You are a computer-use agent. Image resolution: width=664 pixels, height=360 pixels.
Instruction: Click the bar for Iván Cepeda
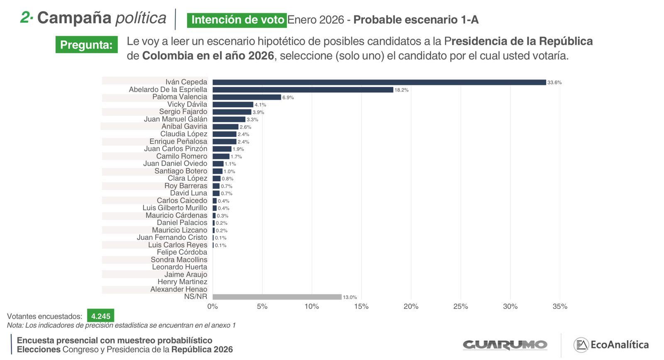click(379, 82)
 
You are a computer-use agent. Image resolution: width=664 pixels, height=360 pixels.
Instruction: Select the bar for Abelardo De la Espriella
click(303, 90)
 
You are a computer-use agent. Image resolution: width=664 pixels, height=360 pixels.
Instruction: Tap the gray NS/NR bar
click(277, 297)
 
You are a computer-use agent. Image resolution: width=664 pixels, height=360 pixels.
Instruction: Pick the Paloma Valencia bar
click(247, 97)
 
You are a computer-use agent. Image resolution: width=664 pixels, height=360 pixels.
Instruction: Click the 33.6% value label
click(554, 83)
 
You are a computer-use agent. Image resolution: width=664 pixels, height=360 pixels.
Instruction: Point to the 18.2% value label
click(401, 90)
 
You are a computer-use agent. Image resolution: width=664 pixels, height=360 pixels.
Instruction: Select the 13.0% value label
click(350, 297)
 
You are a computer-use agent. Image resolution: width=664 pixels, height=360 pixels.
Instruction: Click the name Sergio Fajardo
click(183, 112)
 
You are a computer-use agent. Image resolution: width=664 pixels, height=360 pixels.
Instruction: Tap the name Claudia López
click(184, 134)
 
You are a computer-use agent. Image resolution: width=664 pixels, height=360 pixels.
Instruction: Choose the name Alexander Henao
click(178, 289)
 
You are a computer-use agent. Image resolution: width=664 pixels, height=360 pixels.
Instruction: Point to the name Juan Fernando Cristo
click(172, 237)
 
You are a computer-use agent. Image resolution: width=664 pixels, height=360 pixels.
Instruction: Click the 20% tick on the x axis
click(411, 306)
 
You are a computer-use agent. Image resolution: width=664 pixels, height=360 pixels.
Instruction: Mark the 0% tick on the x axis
click(212, 306)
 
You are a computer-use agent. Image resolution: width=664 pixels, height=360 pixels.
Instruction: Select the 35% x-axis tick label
click(560, 306)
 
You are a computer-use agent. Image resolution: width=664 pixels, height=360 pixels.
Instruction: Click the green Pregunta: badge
click(86, 45)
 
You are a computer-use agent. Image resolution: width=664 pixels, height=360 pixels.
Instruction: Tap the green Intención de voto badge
click(237, 20)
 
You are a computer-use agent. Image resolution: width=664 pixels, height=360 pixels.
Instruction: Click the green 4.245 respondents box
click(100, 316)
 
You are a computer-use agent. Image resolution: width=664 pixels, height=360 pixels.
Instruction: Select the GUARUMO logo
click(505, 345)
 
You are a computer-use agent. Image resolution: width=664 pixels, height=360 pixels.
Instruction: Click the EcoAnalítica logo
click(611, 345)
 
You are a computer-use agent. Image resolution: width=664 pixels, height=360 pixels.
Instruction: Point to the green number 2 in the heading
click(26, 17)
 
